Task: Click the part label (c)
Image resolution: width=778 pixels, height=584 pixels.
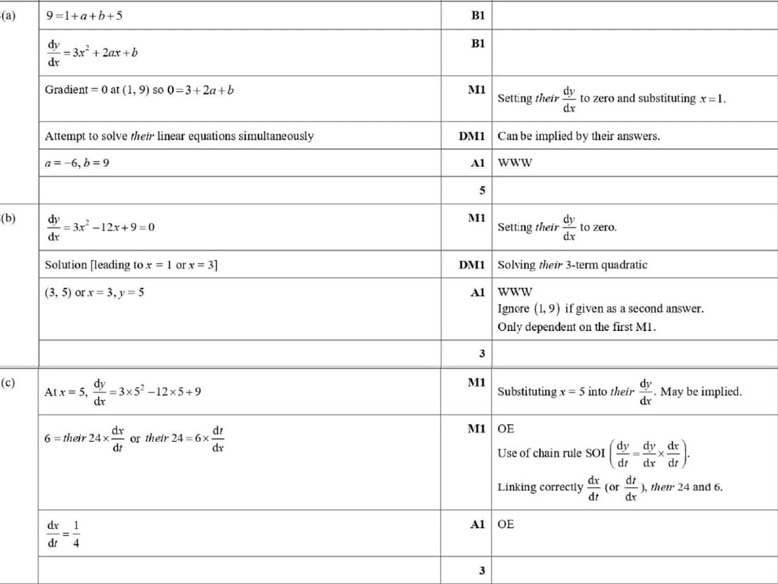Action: (8, 383)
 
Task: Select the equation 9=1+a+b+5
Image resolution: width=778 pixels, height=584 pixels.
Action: (83, 15)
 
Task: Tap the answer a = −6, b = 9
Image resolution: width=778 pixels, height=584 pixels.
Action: (77, 163)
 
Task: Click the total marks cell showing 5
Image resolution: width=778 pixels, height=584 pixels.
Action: (482, 190)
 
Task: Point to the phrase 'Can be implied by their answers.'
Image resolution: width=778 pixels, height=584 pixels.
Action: (579, 136)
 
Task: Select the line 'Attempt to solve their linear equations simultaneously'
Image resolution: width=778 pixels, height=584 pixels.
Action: (179, 136)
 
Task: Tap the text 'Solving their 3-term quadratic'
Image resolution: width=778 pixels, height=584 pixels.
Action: (572, 265)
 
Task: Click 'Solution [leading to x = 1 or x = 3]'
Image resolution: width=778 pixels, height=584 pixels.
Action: (132, 265)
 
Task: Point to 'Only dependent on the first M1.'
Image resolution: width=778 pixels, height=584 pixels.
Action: (577, 327)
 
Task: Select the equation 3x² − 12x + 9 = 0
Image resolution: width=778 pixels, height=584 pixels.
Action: (110, 227)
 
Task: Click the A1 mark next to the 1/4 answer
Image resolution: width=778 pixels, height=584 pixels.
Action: (477, 525)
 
